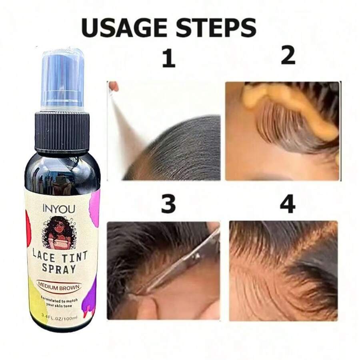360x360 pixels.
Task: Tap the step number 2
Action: (x=288, y=56)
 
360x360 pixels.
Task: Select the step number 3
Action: (x=168, y=204)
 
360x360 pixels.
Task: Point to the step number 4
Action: (x=288, y=204)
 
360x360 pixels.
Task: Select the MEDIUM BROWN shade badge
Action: (x=60, y=286)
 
